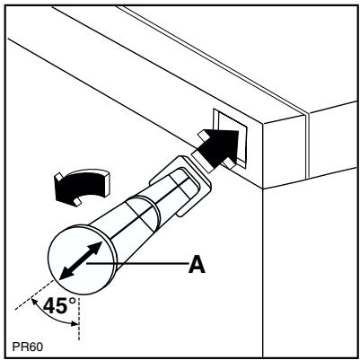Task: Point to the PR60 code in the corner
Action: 24,345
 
